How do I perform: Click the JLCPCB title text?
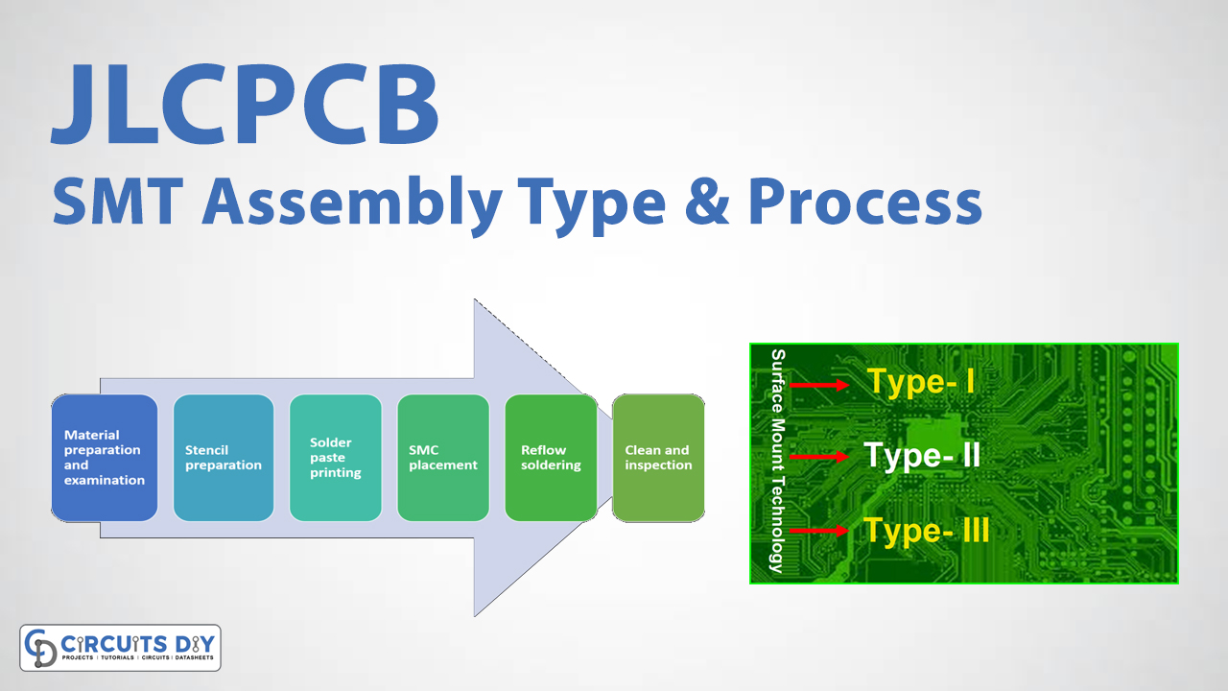coord(246,106)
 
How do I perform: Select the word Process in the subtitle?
coord(864,203)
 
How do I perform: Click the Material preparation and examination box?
coord(104,458)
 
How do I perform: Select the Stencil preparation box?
coord(224,458)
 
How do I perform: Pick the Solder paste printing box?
coord(336,458)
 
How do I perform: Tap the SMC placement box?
coord(443,458)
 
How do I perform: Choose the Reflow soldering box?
coord(551,458)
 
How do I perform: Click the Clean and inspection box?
coord(658,458)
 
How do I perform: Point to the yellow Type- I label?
coord(921,382)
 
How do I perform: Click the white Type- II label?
coord(922,455)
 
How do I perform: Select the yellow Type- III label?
coord(926,530)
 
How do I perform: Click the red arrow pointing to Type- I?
coord(820,385)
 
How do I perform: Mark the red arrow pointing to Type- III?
coord(820,530)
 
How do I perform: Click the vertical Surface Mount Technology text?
coord(778,461)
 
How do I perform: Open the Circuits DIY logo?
coord(120,648)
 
